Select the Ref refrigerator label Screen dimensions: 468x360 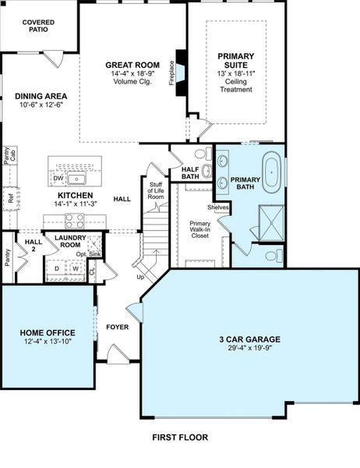click(11, 198)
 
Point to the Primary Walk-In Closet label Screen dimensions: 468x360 click(200, 229)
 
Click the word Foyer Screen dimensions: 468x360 click(117, 327)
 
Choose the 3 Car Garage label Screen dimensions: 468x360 click(249, 339)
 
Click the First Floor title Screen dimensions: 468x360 click(179, 438)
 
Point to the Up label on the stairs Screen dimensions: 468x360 click(141, 278)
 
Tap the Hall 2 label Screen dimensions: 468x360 click(33, 246)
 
